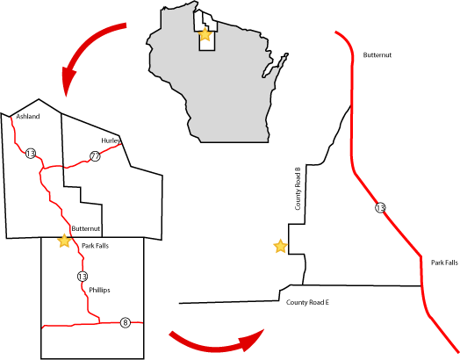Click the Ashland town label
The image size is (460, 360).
coord(28,117)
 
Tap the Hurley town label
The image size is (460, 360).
coord(111,140)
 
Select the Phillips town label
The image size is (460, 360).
coord(99,290)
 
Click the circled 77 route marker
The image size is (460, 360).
coord(95,156)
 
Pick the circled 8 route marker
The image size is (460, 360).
coord(126,322)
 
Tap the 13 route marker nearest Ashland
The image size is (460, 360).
coord(31,153)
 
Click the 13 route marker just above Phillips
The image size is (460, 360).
coord(83,277)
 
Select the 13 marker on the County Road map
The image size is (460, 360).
coord(380,208)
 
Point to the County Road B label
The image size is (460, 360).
coord(298,189)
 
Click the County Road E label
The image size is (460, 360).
coord(307,302)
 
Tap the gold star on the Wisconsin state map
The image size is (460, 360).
coord(205,34)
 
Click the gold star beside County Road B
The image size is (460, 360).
coord(280,246)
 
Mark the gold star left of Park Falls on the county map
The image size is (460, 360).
coord(64,241)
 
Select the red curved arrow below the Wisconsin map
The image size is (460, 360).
coord(216,345)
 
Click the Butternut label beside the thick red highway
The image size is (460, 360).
coord(377,54)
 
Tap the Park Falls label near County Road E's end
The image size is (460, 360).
coord(444,263)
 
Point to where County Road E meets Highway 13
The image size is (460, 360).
coord(421,285)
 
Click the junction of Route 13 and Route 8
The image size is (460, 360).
coord(100,323)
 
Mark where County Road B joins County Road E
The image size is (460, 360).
coord(303,284)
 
